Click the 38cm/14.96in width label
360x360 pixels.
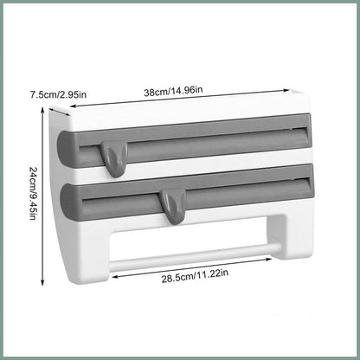click(173, 91)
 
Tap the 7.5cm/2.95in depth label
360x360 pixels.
click(58, 94)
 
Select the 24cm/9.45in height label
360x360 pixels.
click(33, 193)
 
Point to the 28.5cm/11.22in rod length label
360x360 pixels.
click(195, 276)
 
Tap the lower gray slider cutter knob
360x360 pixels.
click(173, 207)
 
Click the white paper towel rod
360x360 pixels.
click(195, 257)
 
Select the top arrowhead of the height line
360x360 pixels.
click(42, 111)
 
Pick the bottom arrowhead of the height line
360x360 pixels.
click(42, 282)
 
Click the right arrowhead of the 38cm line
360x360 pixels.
click(286, 90)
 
